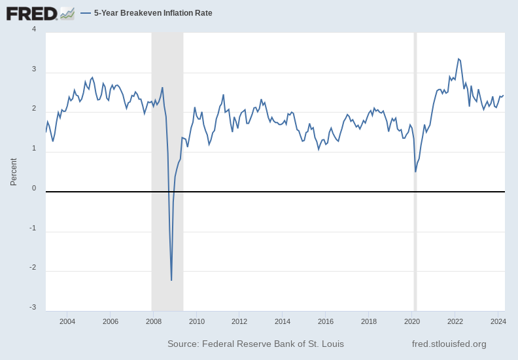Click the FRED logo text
click(x=31, y=13)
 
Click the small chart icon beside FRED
click(x=67, y=13)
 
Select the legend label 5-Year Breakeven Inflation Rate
click(x=153, y=13)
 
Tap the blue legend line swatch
click(x=86, y=13)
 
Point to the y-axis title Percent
click(x=14, y=171)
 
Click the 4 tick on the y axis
click(x=34, y=29)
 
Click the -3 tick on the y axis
click(x=33, y=308)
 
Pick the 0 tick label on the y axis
click(x=34, y=189)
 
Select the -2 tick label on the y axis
click(x=33, y=268)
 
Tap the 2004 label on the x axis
click(x=67, y=321)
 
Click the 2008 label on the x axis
click(x=154, y=321)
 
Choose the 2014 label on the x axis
click(x=283, y=321)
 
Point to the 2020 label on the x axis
click(x=412, y=321)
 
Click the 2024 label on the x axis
click(x=498, y=321)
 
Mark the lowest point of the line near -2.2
click(x=171, y=280)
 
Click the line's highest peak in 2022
click(x=458, y=59)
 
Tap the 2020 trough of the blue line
click(x=415, y=171)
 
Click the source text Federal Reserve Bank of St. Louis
click(x=256, y=344)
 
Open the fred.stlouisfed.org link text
click(x=449, y=344)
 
